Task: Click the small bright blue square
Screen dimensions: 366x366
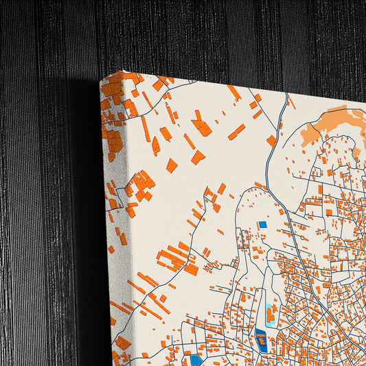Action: [x=262, y=225]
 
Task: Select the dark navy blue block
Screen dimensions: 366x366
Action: [x=261, y=339]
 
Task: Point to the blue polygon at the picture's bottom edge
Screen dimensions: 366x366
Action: [x=197, y=360]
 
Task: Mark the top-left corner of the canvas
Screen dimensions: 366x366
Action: [x=101, y=81]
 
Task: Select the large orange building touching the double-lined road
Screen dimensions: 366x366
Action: [x=271, y=140]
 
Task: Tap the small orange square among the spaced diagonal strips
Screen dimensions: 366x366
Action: [x=172, y=165]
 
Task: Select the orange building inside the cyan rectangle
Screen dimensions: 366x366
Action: [x=271, y=317]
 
